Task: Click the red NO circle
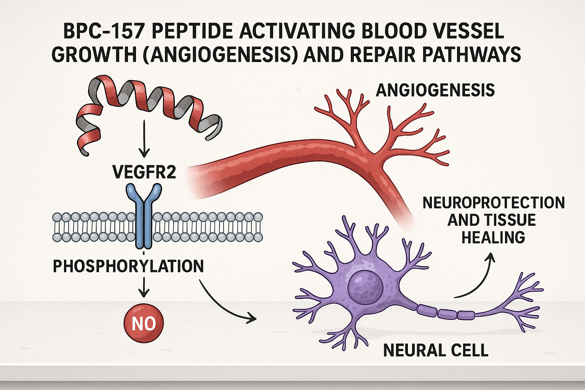(144, 323)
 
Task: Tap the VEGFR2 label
(144, 172)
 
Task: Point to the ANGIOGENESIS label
(435, 91)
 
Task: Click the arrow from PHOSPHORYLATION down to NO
(144, 288)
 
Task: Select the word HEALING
(493, 238)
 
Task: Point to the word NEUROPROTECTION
(494, 203)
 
